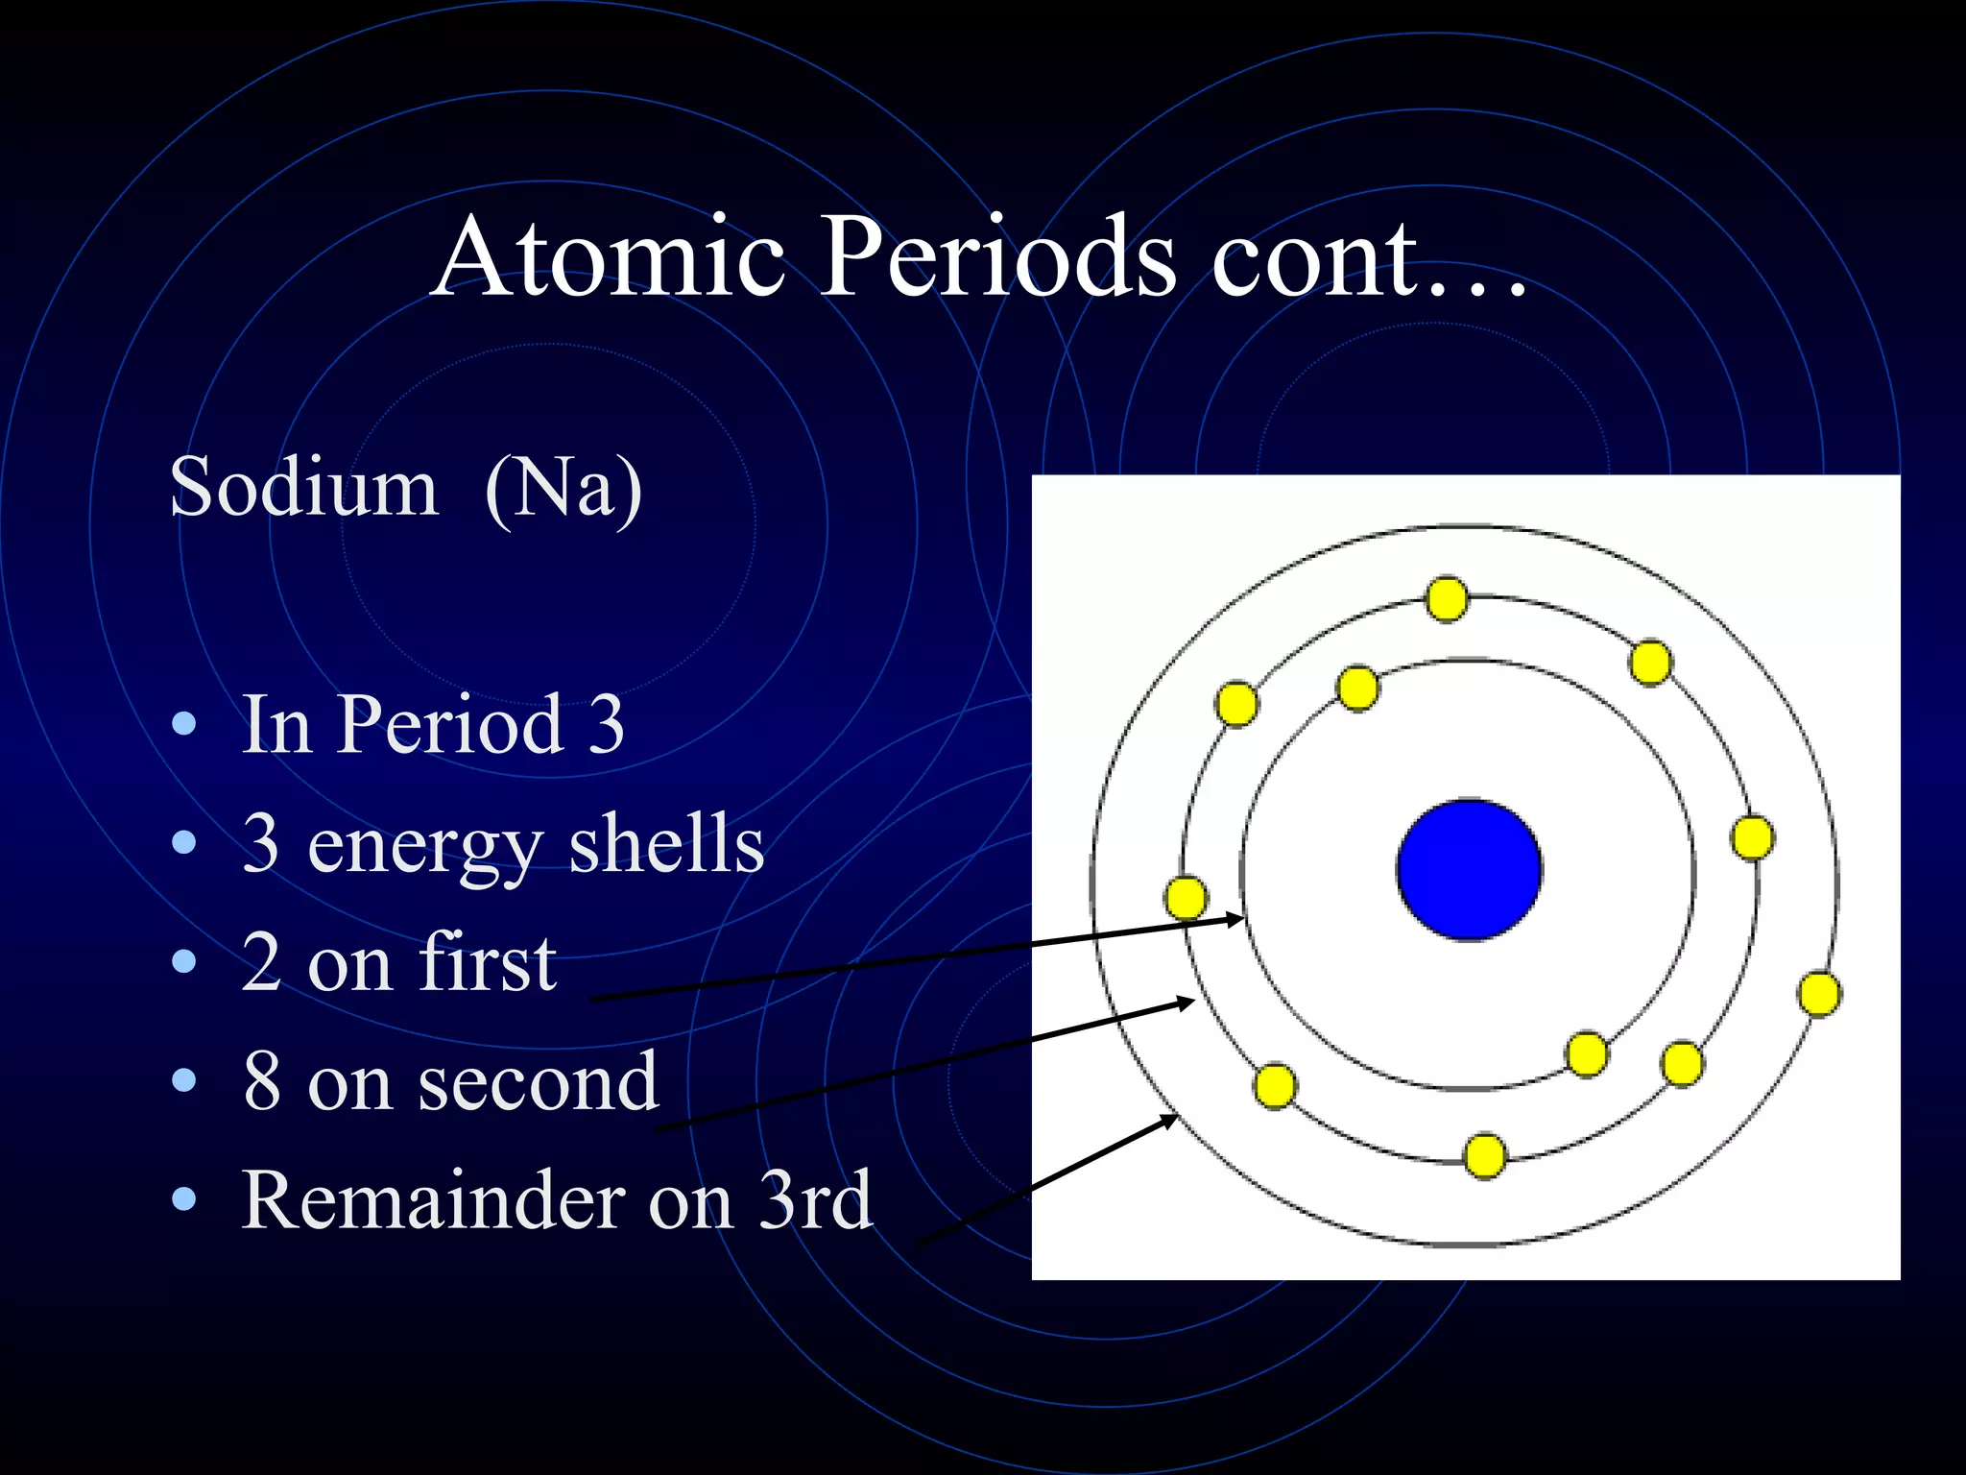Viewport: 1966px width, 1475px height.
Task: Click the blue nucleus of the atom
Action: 1469,870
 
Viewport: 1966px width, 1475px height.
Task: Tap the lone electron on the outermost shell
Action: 1819,994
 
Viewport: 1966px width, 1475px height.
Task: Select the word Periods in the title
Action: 998,257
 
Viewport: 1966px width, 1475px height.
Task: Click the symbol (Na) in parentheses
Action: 563,489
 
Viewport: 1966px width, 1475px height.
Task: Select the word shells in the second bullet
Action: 666,844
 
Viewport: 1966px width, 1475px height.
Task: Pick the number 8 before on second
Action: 262,1081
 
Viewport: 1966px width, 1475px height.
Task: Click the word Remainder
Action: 432,1200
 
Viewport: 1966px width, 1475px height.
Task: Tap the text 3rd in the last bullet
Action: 815,1200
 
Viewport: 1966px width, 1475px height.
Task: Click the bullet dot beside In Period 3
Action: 183,725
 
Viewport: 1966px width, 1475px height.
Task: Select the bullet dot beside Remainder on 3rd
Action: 183,1199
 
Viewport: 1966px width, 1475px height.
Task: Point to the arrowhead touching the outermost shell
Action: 1170,1120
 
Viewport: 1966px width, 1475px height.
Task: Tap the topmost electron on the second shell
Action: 1447,599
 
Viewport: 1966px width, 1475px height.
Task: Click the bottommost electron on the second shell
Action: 1484,1155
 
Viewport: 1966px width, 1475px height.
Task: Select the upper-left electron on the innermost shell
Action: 1357,688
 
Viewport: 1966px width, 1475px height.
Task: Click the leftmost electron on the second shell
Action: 1186,898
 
